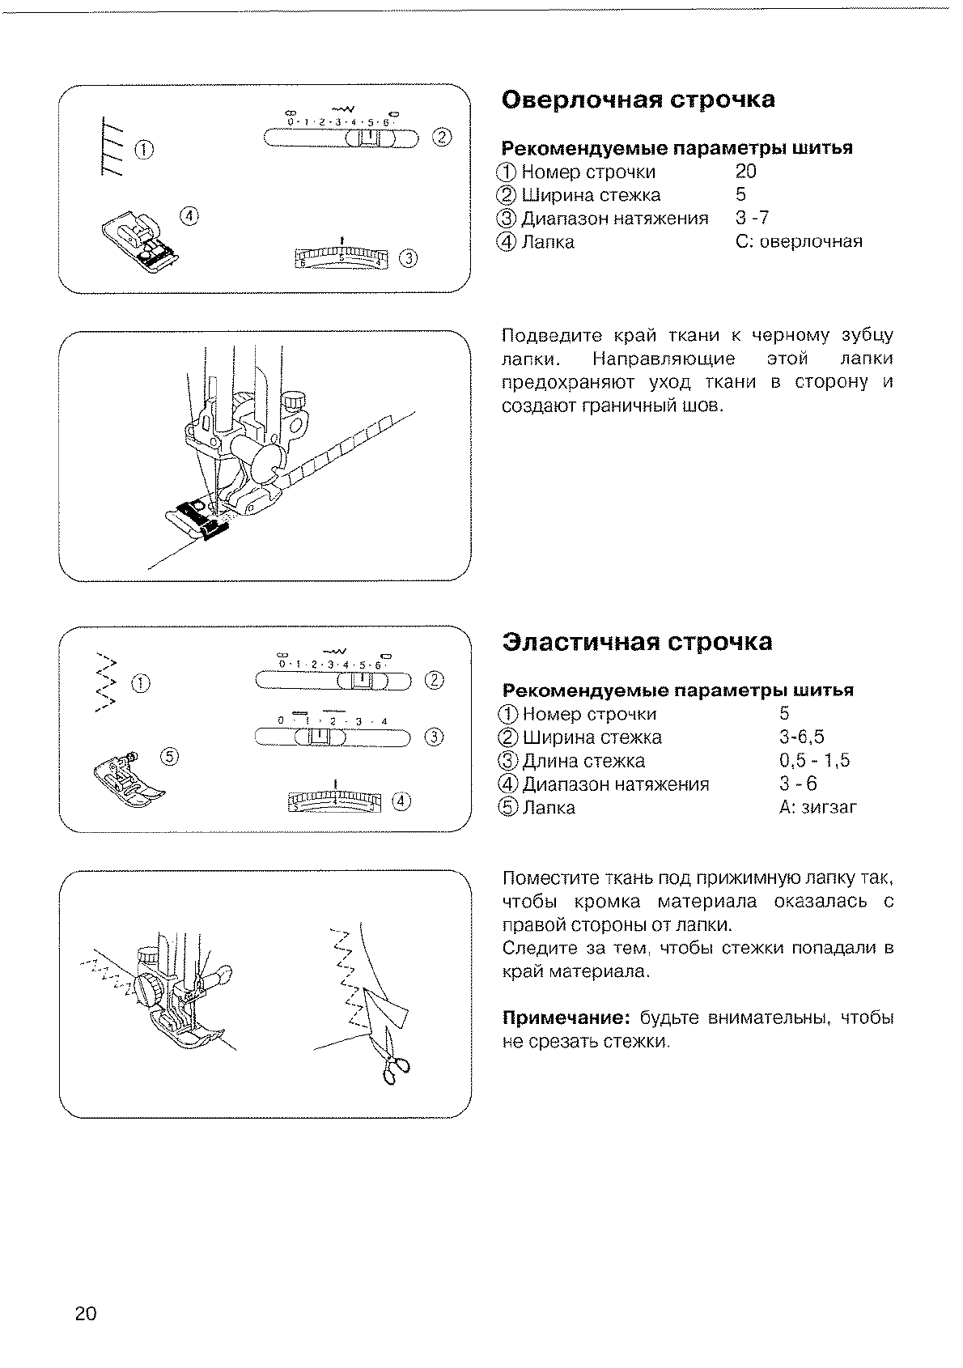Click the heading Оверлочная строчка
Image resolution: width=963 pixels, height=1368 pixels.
pos(638,100)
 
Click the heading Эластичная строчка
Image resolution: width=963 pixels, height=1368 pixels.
pos(637,642)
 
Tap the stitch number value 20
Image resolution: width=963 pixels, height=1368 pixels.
pos(746,172)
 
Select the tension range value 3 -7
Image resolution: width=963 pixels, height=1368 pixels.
pos(752,218)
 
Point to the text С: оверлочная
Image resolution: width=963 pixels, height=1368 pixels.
pos(799,241)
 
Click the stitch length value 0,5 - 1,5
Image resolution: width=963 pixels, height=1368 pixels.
pos(814,761)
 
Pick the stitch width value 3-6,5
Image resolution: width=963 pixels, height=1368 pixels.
pos(801,737)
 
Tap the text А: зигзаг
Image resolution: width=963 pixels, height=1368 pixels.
pos(817,808)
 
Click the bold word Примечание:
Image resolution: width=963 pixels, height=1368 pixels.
pos(566,1018)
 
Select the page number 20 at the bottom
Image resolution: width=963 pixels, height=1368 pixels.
pos(86,1313)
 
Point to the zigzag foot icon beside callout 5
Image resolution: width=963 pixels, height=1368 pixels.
pos(128,780)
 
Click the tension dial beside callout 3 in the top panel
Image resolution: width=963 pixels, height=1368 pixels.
pos(342,257)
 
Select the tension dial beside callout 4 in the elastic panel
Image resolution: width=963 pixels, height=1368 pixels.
pos(335,801)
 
